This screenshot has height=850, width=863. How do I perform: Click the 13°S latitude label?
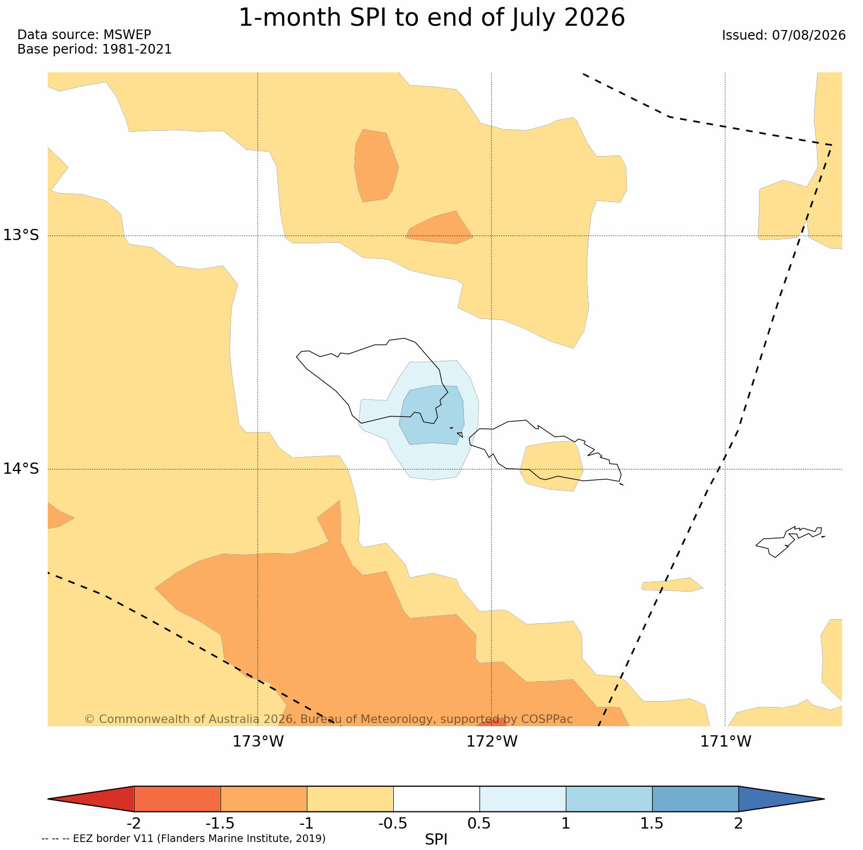coord(21,235)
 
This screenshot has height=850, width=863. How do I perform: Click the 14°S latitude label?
coord(21,469)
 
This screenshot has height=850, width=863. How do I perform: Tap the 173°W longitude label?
coord(258,742)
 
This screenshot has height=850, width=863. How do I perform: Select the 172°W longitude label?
coord(492,742)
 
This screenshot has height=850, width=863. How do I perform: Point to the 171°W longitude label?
coord(726,742)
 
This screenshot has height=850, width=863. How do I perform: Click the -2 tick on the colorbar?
coord(134,823)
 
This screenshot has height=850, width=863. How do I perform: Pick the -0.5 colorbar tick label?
coord(393,823)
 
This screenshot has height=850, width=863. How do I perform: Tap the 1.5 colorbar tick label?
coord(652,823)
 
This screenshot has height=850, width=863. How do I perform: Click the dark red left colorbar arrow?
coord(91,799)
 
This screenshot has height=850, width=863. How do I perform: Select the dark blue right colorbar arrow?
coord(781,799)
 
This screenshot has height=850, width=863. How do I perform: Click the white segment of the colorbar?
coord(437,799)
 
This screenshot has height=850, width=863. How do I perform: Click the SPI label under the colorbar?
coord(436,839)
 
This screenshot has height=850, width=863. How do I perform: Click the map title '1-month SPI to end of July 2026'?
coord(432,18)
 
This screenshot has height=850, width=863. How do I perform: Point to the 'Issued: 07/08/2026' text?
coord(784,35)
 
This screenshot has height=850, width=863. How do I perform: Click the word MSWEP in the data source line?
coord(127,35)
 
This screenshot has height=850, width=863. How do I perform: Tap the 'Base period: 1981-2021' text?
coord(94,49)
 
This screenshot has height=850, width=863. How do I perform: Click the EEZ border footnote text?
coord(183,839)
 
